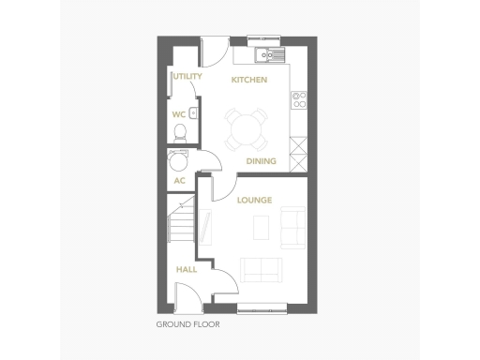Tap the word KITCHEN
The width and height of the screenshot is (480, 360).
click(249, 81)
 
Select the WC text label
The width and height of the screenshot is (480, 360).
click(178, 115)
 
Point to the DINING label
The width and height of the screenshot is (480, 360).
click(261, 161)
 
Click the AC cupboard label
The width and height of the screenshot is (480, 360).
click(178, 181)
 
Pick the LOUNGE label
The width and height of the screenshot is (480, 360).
click(254, 201)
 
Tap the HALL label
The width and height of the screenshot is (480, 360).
click(187, 269)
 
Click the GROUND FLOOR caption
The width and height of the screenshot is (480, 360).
click(187, 325)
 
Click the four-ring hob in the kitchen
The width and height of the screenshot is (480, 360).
click(300, 97)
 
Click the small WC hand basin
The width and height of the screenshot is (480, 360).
click(192, 114)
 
